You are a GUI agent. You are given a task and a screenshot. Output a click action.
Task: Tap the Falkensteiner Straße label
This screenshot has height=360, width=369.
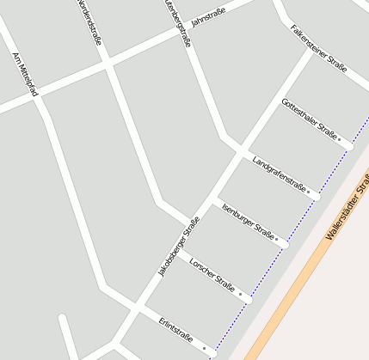pyautogui.click(x=318, y=49)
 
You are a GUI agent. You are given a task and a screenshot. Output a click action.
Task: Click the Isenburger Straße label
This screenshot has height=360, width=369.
pyautogui.click(x=247, y=220)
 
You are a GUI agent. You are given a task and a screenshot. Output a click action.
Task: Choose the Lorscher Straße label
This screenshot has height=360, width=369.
pyautogui.click(x=212, y=273)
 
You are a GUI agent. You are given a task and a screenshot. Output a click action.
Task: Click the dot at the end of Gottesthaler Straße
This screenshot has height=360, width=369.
pyautogui.click(x=339, y=137)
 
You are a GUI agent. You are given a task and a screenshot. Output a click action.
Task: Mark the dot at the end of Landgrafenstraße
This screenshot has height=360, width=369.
pyautogui.click(x=310, y=192)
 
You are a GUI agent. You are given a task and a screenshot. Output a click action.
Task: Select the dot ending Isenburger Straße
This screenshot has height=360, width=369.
pyautogui.click(x=277, y=239)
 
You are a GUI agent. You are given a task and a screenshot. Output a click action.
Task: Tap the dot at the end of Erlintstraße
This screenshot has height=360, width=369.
pyautogui.click(x=205, y=347)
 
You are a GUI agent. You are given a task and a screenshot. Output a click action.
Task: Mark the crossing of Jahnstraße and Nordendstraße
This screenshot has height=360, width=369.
pyautogui.click(x=107, y=62)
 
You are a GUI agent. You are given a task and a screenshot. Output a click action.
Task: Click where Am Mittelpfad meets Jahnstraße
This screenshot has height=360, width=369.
pyautogui.click(x=34, y=94)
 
